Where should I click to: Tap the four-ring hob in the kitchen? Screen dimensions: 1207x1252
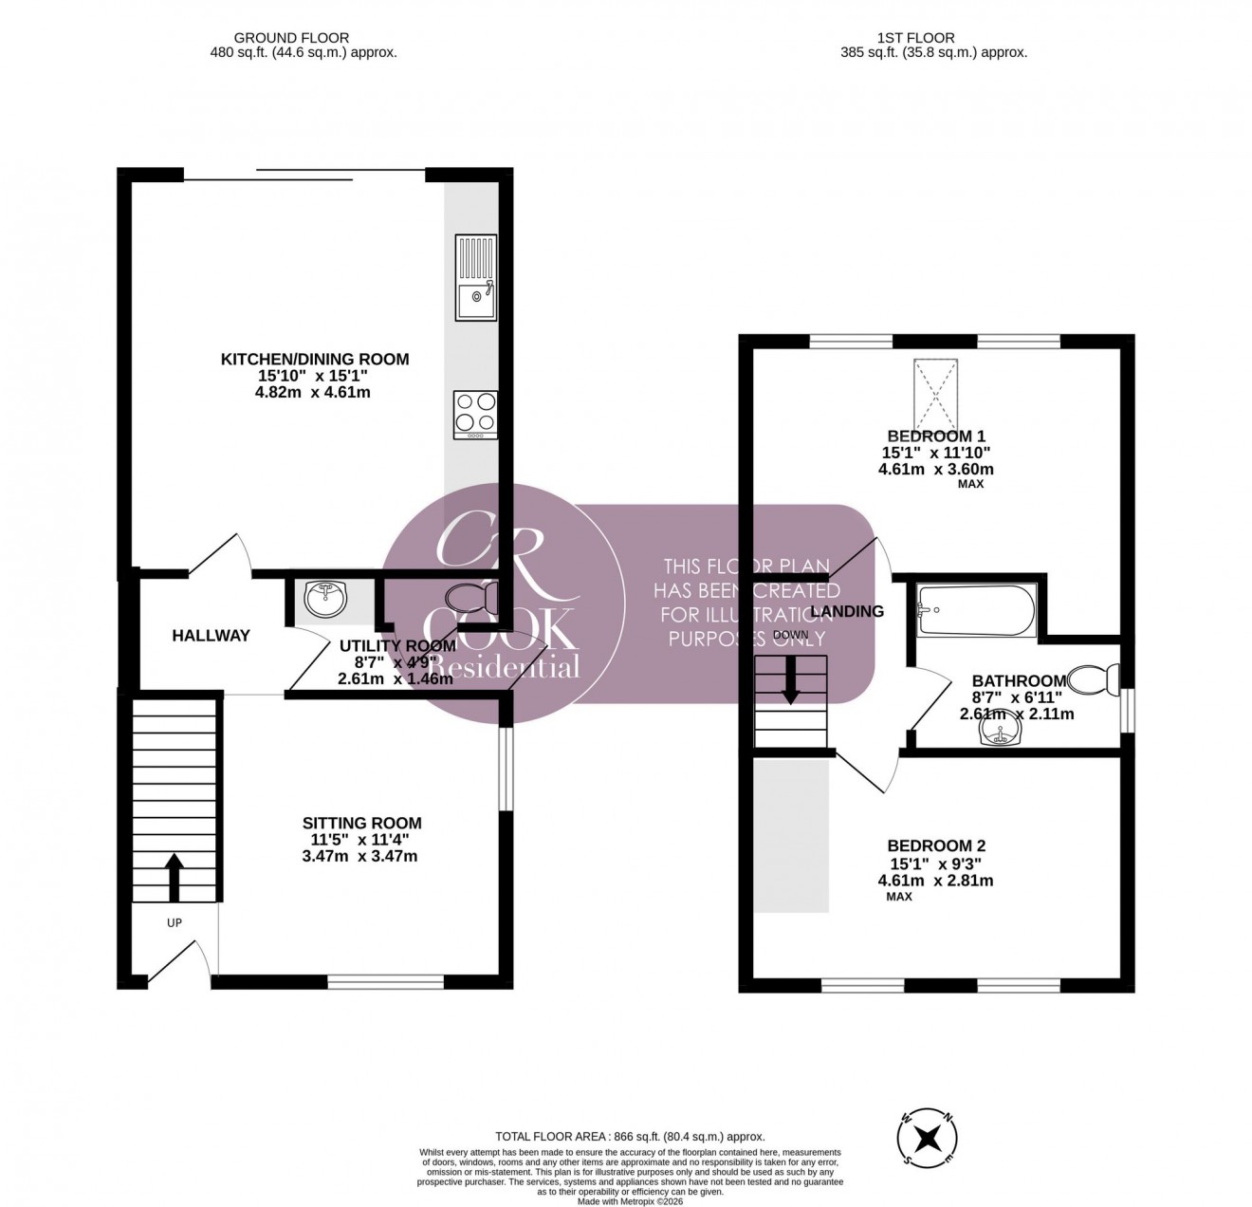pos(475,414)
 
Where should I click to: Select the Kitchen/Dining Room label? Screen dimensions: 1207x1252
pos(315,360)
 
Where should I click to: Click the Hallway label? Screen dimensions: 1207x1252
pos(211,636)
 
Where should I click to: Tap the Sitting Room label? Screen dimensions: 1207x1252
pos(361,824)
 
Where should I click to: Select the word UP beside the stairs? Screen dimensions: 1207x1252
pos(175,922)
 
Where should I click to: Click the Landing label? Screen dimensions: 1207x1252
pos(847,612)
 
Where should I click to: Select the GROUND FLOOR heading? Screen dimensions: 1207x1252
pos(279,38)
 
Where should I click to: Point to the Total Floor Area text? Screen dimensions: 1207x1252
pos(630,1136)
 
